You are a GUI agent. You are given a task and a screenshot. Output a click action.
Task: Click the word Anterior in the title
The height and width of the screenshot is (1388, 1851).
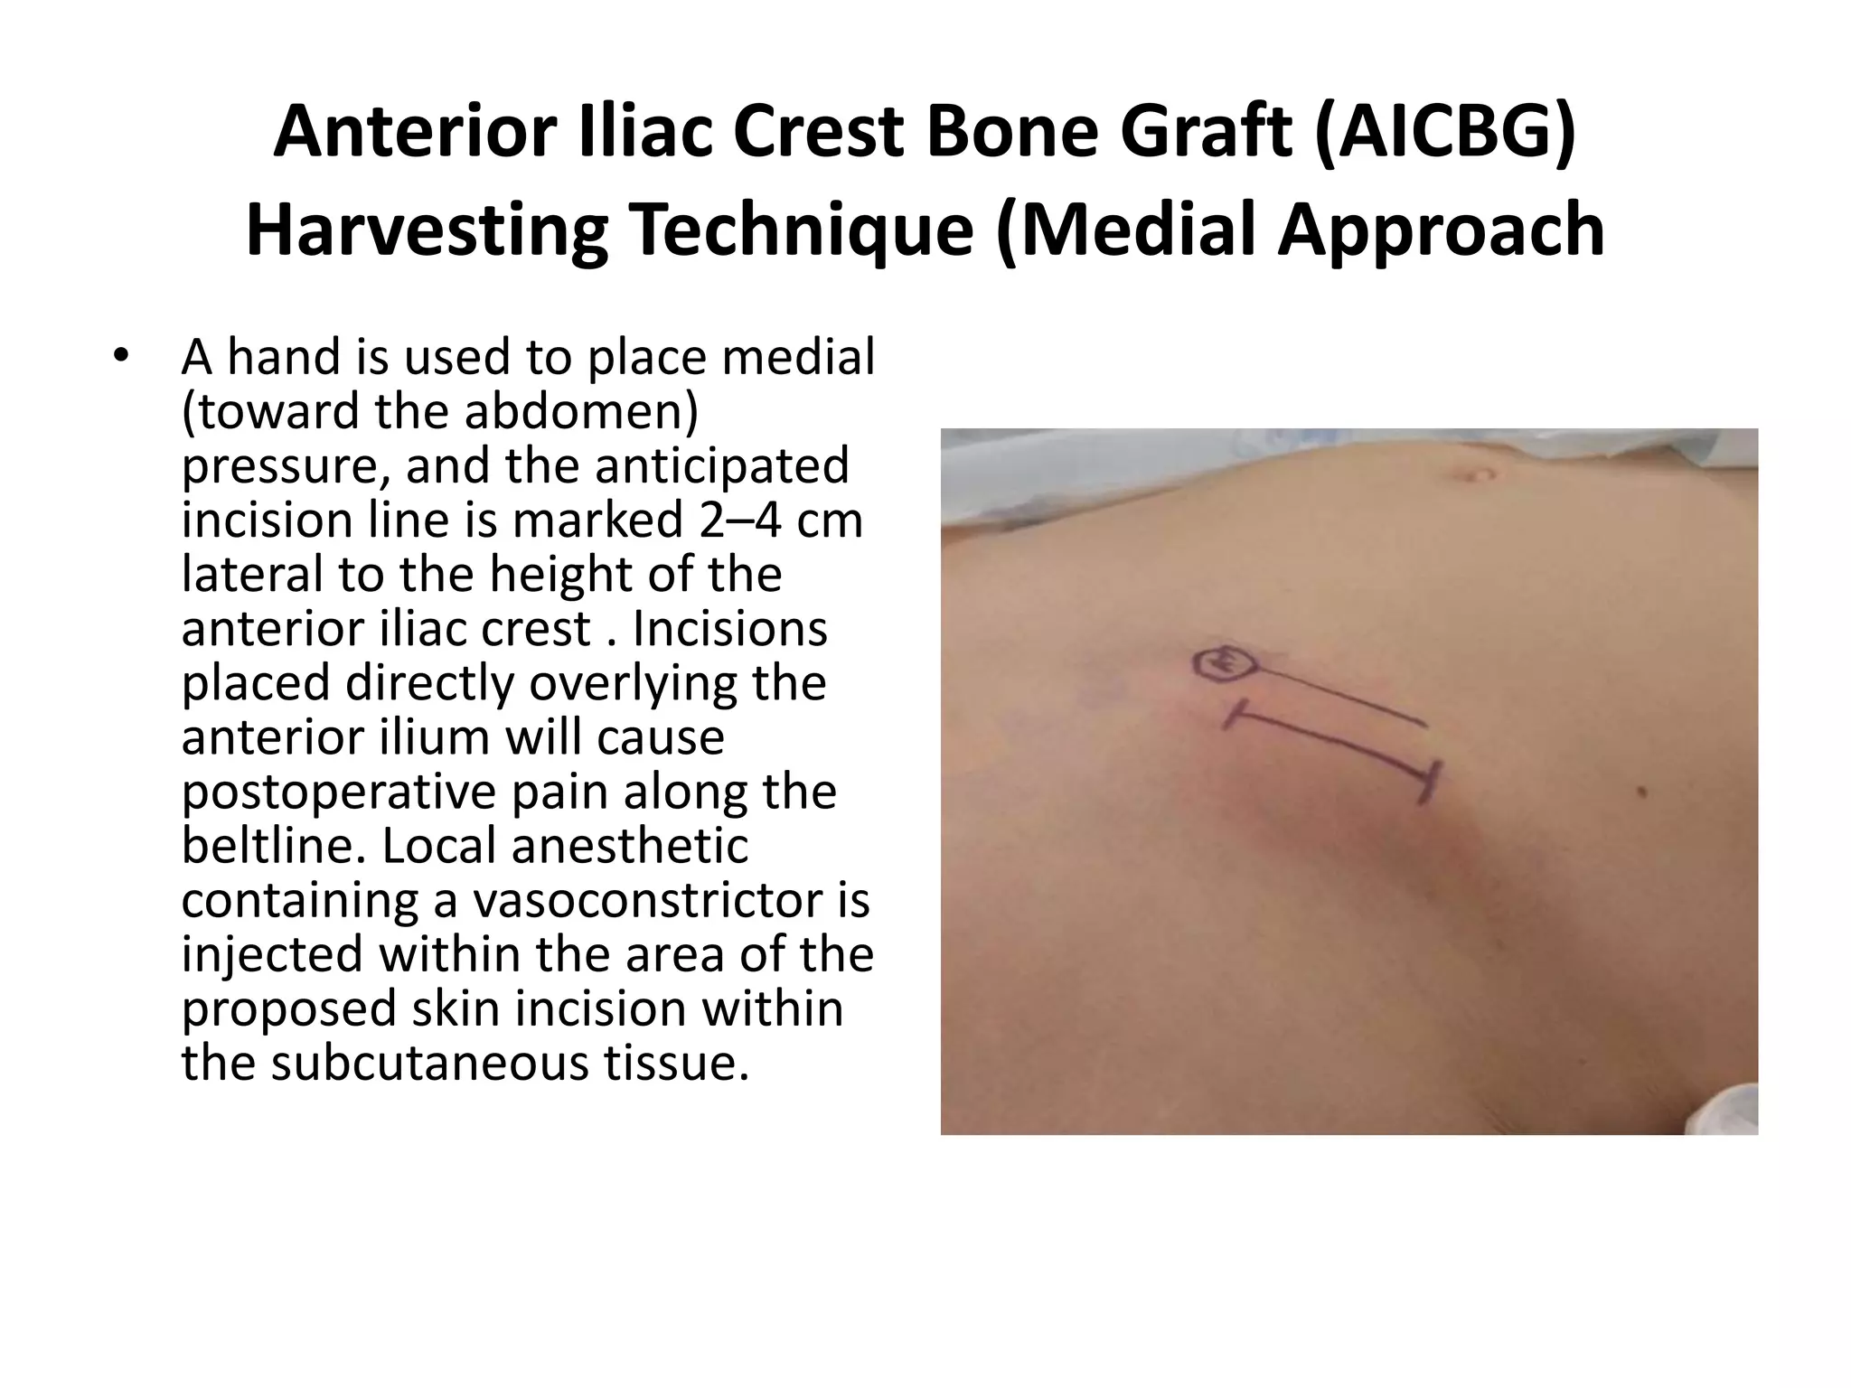click(412, 132)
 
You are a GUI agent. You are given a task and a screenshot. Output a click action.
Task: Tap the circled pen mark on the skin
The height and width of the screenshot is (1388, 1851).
click(1224, 664)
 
